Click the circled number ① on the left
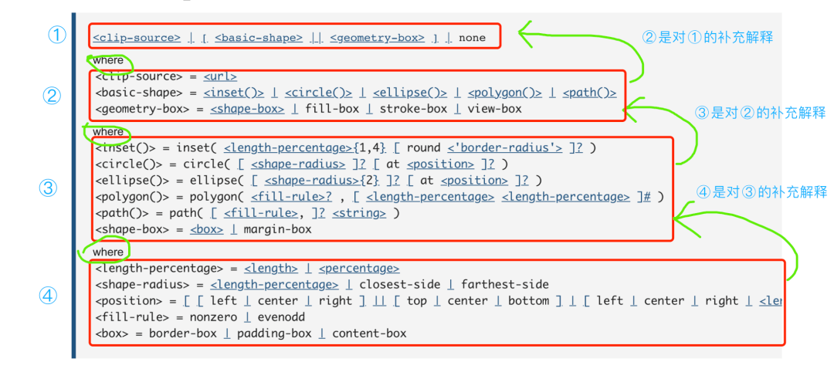pos(56,36)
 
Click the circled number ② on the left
pos(52,96)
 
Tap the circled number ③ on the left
pos(49,188)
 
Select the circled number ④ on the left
pos(49,296)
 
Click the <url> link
pos(220,76)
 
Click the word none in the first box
pos(473,37)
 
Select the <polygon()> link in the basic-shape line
pos(505,93)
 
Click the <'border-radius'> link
pos(505,147)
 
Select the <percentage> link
pos(359,269)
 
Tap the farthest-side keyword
pos(507,285)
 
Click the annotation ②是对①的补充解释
pos(707,37)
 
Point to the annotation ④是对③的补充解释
pos(761,192)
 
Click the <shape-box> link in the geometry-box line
pos(247,109)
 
